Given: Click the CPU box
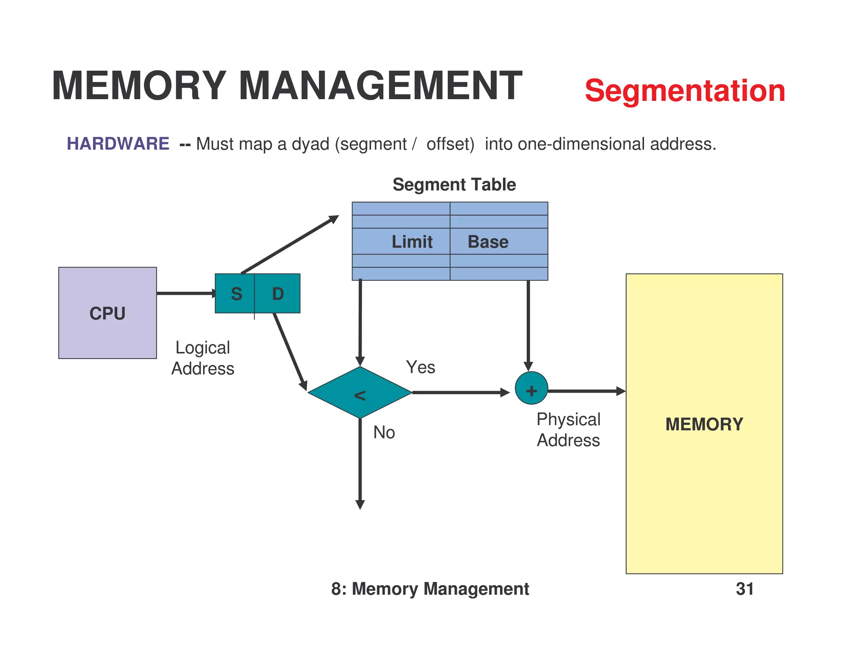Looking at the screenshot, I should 108,313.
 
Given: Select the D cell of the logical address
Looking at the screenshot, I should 278,293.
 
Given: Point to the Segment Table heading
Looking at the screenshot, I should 454,185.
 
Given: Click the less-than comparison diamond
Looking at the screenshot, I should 360,393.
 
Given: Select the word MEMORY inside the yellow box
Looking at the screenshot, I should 704,424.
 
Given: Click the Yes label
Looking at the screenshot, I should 420,367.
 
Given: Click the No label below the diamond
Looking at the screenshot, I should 384,433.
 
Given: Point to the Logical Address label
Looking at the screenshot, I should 203,358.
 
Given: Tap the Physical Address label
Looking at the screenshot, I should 568,430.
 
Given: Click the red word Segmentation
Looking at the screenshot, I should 685,91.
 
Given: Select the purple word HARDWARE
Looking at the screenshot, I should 118,144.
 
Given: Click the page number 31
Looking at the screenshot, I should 745,589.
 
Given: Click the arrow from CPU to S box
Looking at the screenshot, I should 185,293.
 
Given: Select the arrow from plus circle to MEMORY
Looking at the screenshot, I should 586,391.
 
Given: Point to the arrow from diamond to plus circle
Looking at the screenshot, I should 460,393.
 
